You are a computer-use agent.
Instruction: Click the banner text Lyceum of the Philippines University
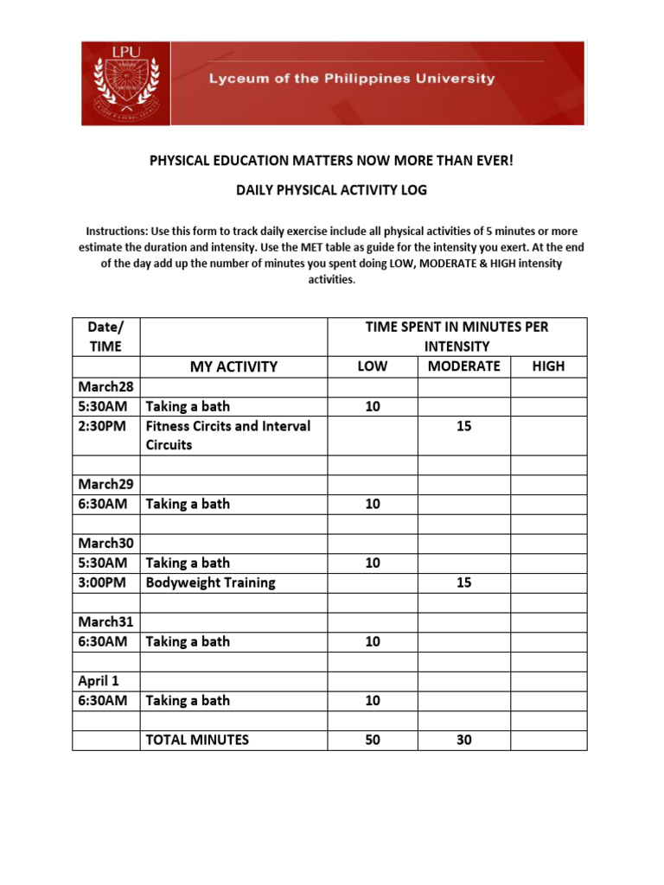tap(350, 79)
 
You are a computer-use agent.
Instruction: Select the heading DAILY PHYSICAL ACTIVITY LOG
tap(331, 189)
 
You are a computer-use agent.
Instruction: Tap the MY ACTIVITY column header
tap(233, 366)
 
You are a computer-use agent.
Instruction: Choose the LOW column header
tap(372, 366)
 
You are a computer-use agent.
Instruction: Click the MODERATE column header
tap(463, 366)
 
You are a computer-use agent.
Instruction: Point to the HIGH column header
tap(548, 366)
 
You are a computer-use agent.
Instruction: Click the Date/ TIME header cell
tap(105, 336)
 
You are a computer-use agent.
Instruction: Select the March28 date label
tap(105, 386)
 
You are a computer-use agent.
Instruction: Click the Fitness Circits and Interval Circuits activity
tap(227, 436)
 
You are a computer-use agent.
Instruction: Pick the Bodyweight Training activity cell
tap(210, 583)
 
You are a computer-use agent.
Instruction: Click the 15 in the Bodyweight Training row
tap(463, 583)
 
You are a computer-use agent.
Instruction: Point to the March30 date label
tap(105, 543)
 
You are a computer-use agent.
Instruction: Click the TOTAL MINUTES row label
tap(197, 740)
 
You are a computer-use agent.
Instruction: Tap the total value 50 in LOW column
tap(372, 740)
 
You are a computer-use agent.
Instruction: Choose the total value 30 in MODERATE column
tap(463, 740)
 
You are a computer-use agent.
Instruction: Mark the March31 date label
tap(105, 621)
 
